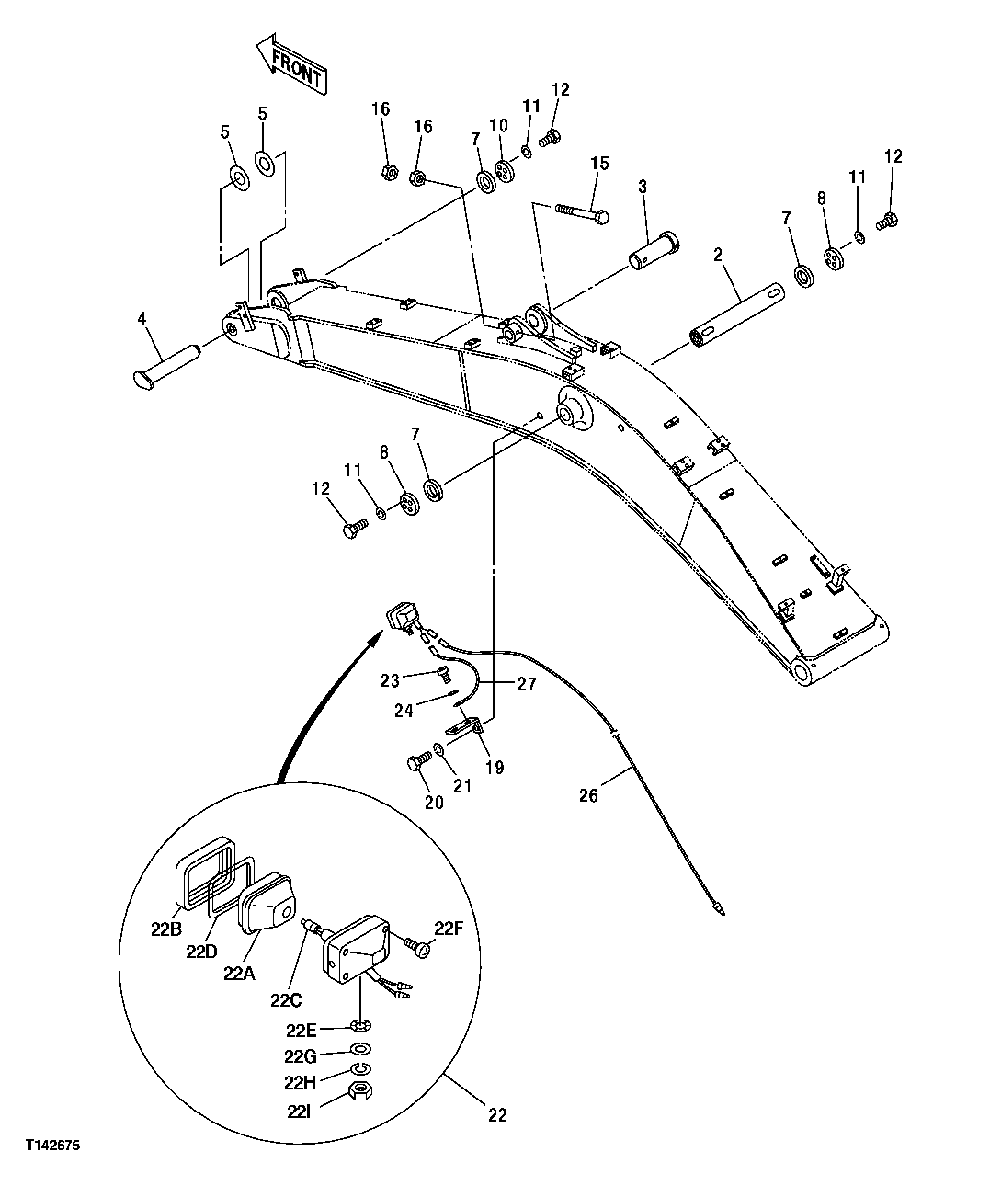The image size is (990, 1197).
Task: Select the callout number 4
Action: (x=142, y=318)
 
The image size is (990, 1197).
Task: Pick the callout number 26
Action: (x=588, y=795)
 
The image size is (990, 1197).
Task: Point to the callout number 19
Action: (x=495, y=767)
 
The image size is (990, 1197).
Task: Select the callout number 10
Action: (x=498, y=124)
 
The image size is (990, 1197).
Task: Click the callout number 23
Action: (x=392, y=680)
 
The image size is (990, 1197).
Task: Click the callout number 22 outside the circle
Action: (x=496, y=1115)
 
